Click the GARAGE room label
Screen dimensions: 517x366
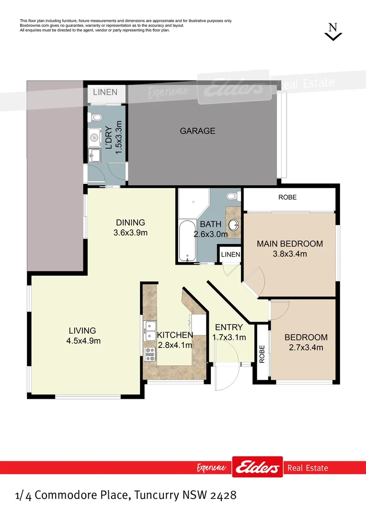pos(197,131)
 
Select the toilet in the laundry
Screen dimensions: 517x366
pos(95,117)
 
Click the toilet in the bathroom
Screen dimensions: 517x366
pos(232,196)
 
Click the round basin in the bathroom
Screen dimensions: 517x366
pos(234,225)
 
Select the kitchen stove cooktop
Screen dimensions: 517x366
pos(149,354)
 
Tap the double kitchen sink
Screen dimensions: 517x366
pos(149,330)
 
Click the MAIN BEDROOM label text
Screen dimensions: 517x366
pos(290,244)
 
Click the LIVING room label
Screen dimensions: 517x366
pos(82,331)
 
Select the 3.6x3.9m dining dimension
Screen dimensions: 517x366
pos(130,233)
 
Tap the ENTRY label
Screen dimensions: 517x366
pos(229,327)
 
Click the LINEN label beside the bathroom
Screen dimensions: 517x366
pos(230,255)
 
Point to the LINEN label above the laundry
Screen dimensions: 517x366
pos(105,92)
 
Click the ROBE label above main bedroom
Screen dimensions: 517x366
pos(287,197)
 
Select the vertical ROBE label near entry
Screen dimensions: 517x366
pos(262,355)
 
